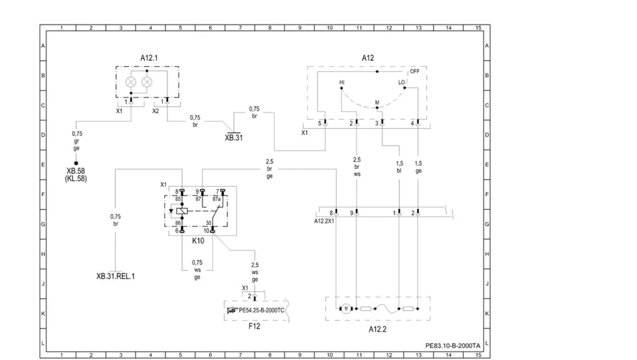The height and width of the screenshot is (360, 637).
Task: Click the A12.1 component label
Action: click(149, 58)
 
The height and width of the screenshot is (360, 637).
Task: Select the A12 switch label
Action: click(368, 58)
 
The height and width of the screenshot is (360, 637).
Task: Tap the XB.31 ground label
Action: click(234, 137)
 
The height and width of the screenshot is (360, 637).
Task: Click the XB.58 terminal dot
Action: click(76, 163)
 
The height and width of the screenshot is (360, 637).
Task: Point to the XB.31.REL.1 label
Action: click(115, 276)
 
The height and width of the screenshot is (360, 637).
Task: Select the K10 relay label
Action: click(198, 241)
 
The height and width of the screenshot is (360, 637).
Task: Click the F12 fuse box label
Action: click(254, 326)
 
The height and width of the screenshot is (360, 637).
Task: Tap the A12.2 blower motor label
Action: click(378, 329)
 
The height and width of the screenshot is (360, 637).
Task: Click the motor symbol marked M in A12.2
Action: click(346, 308)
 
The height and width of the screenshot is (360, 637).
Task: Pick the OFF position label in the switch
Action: click(414, 72)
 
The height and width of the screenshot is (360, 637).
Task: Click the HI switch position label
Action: click(342, 83)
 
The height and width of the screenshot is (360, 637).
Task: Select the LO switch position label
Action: click(401, 83)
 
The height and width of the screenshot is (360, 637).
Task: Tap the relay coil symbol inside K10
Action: click(182, 211)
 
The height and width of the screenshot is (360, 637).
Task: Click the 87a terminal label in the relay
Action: click(216, 200)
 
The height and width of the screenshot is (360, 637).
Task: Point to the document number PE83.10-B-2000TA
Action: click(453, 346)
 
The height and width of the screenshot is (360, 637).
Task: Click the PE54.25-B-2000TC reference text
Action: click(262, 310)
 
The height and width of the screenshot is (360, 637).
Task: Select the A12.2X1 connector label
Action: click(324, 221)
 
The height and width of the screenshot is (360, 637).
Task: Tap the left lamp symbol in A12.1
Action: click(131, 82)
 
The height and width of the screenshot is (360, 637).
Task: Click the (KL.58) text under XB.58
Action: click(76, 178)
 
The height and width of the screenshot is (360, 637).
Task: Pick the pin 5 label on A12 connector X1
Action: click(320, 123)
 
